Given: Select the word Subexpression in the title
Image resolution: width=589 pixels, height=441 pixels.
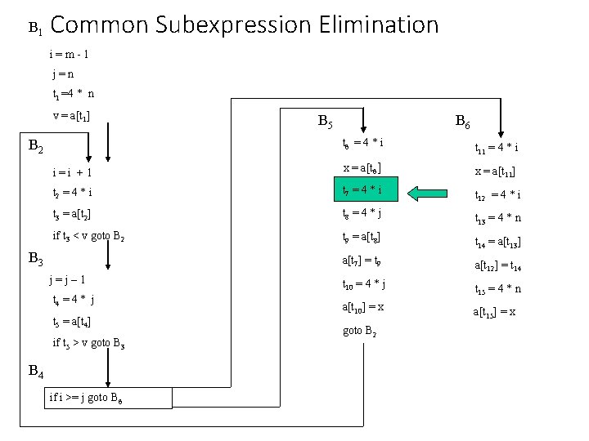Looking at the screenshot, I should point(238,25).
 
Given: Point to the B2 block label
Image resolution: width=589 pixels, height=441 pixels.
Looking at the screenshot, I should point(37,148).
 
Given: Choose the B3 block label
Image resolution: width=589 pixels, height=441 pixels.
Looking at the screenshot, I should point(36,260).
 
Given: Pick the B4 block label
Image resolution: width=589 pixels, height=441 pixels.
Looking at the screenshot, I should point(36,372).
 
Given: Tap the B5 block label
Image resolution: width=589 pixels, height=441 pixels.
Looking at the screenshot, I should point(325,123).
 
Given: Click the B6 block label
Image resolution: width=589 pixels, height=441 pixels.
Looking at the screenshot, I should point(462,123).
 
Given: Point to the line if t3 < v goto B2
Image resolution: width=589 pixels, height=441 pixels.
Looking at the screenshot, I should point(90,238).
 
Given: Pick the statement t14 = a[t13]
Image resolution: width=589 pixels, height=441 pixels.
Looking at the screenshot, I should point(499,243).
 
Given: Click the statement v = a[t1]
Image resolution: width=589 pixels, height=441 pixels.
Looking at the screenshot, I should point(71,115).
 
